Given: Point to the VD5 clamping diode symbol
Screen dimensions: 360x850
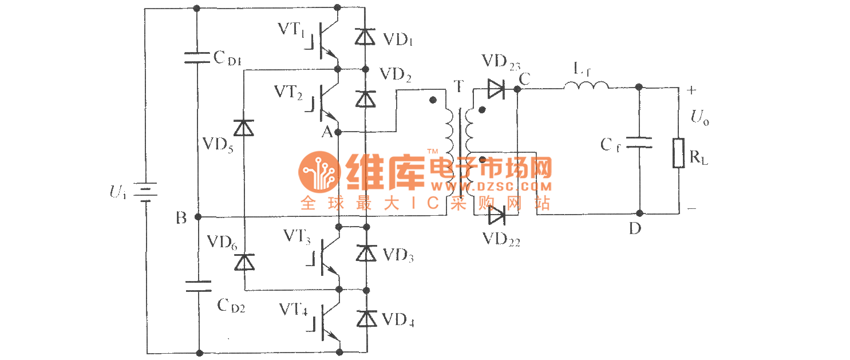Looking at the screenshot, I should point(245,128).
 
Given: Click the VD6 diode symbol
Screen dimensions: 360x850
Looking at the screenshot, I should point(245,262).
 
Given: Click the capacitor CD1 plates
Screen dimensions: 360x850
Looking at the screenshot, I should point(197,57).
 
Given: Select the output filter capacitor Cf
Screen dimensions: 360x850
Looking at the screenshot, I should point(639,143).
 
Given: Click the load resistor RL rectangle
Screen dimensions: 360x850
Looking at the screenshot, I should point(679,153).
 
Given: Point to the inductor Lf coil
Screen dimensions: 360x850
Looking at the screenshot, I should point(586,86).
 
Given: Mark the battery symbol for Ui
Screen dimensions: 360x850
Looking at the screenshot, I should point(145,193).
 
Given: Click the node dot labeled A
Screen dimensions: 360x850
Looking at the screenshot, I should point(338,132).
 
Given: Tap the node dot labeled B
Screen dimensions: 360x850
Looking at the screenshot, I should point(197,217).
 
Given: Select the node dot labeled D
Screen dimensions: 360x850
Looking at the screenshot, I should point(639,213).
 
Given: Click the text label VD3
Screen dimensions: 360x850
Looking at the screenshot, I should point(399,256).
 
